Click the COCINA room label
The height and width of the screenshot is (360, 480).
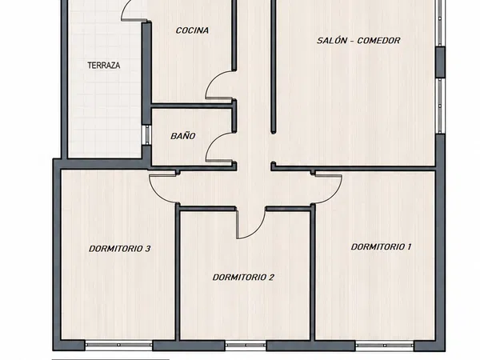coord(192,30)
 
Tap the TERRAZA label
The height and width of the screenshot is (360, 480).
coord(104,66)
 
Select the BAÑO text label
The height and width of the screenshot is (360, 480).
coord(182,136)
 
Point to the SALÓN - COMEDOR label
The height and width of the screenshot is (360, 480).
coord(358,41)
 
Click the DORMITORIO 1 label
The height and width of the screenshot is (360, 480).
coord(381,246)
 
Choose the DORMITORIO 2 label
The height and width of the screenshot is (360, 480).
coord(243,278)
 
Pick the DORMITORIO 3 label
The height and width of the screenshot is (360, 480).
coord(120,249)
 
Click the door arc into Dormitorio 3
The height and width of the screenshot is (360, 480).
coord(156,194)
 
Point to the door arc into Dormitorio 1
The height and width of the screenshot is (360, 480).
coord(334,195)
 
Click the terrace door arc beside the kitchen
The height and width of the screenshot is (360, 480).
coord(126,8)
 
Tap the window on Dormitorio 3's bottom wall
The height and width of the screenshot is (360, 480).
coord(118,345)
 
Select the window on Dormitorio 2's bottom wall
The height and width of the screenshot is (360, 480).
coord(246,345)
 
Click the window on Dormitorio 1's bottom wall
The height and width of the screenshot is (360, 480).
coord(385,345)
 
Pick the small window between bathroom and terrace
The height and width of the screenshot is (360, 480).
coord(146,134)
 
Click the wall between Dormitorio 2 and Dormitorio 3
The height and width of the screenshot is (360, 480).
coord(177,273)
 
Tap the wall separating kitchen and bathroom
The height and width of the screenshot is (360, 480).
coord(192,106)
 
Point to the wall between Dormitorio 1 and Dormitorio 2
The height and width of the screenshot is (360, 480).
coord(313,273)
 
